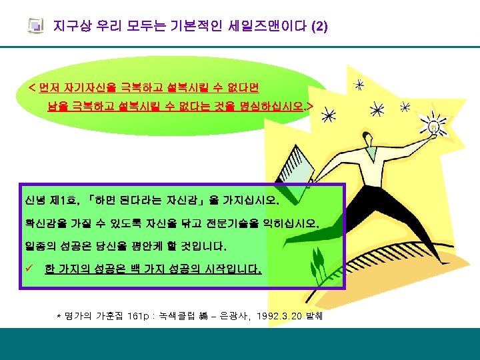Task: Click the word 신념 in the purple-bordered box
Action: coord(36,199)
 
